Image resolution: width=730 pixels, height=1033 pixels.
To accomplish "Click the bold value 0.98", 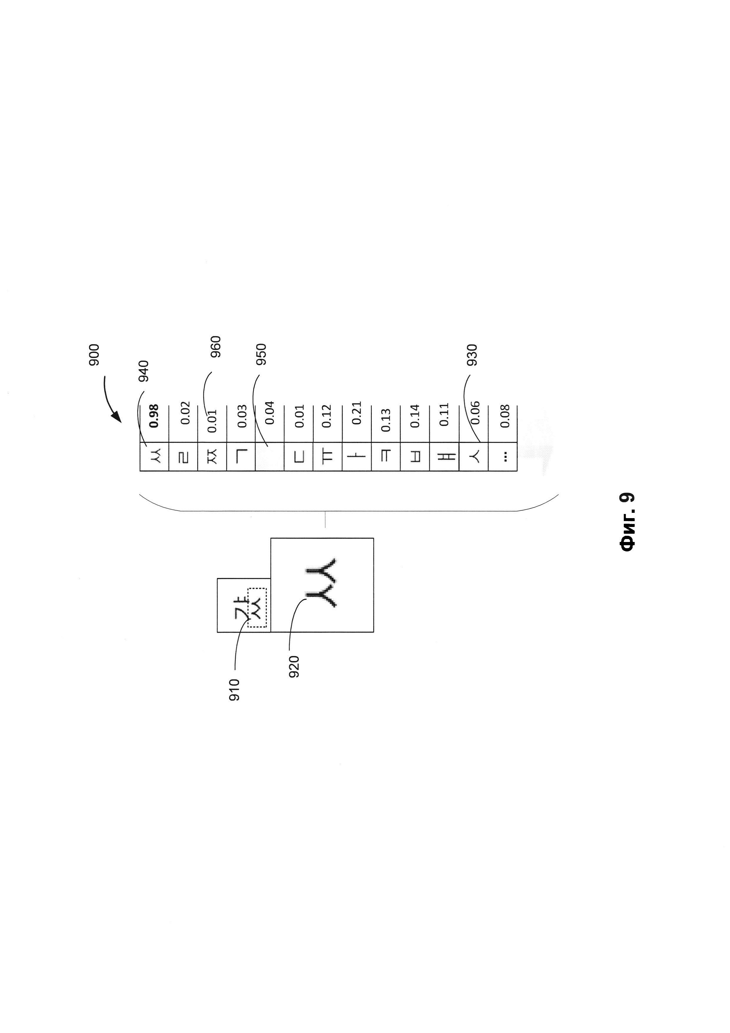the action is [154, 416].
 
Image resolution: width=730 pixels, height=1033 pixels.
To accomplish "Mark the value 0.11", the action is [444, 415].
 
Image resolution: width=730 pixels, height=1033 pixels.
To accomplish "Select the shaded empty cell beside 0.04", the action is [269, 457].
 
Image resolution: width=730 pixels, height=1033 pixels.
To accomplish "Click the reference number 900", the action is [94, 355].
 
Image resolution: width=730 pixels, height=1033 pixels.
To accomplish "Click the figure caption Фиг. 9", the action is [627, 522].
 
